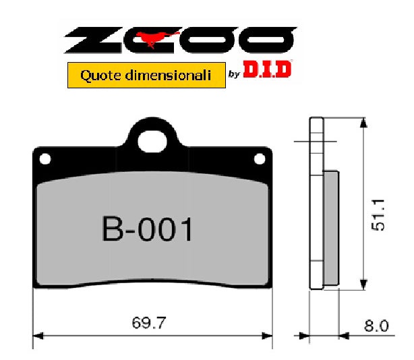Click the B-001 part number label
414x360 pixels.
(x=148, y=229)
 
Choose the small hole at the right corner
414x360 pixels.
(x=259, y=159)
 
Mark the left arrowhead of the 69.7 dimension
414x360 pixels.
(x=38, y=334)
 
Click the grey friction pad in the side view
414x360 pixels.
(x=332, y=227)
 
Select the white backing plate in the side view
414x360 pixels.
(x=316, y=202)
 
